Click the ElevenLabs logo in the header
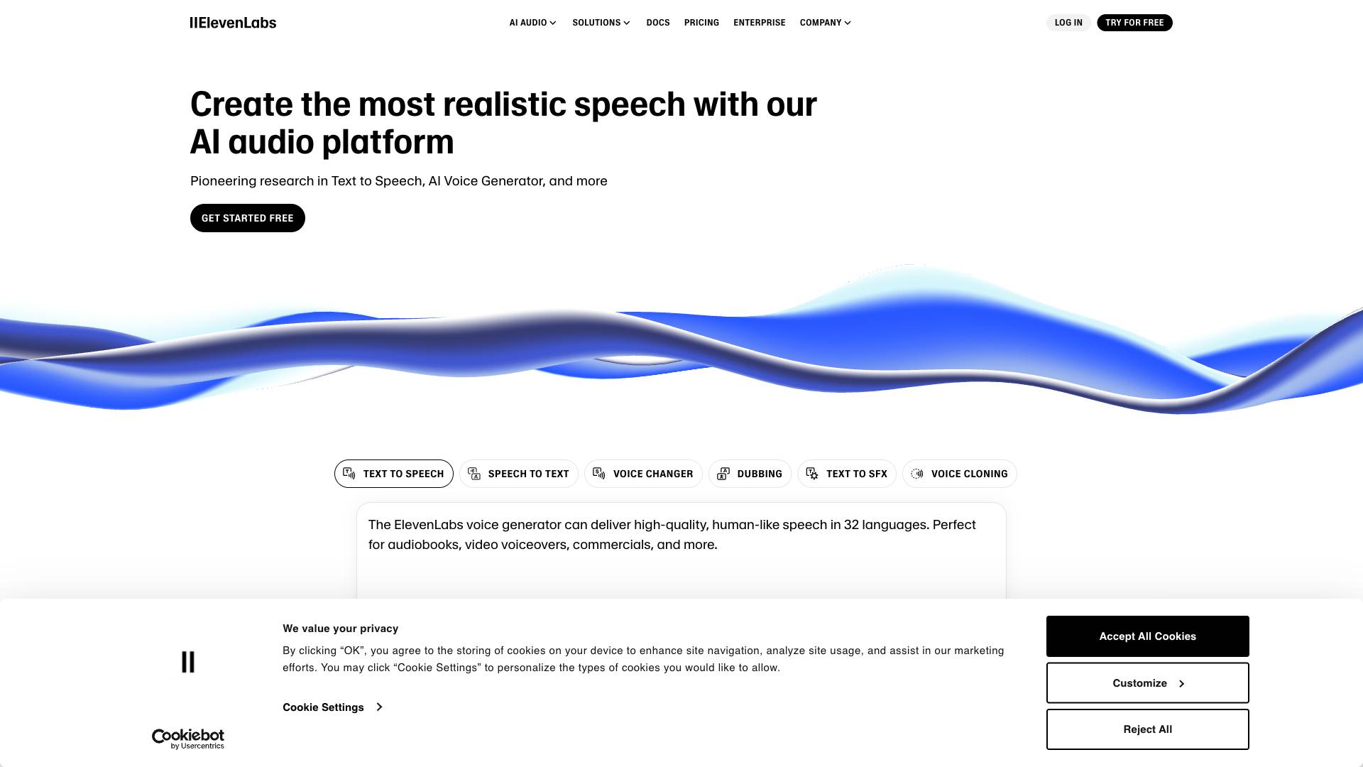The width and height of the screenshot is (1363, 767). pyautogui.click(x=233, y=23)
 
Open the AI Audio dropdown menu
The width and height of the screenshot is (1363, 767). pyautogui.click(x=532, y=23)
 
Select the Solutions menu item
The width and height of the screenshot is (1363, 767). pyautogui.click(x=601, y=23)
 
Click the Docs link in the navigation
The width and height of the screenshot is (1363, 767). pyautogui.click(x=658, y=23)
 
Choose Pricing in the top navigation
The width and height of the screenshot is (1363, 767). pyautogui.click(x=701, y=23)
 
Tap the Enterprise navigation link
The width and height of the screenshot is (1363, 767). pyautogui.click(x=760, y=23)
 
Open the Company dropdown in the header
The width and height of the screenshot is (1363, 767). pyautogui.click(x=826, y=23)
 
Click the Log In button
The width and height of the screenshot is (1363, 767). pyautogui.click(x=1068, y=23)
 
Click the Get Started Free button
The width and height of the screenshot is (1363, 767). pyautogui.click(x=248, y=218)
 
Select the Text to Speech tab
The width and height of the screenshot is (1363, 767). pyautogui.click(x=394, y=474)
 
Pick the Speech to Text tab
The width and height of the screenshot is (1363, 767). pyautogui.click(x=519, y=474)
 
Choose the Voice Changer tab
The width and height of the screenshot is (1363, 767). pyautogui.click(x=643, y=474)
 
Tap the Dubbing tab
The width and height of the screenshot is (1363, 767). pyautogui.click(x=750, y=474)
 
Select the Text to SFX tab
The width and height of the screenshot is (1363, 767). pyautogui.click(x=847, y=474)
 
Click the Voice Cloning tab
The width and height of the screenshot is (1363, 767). pyautogui.click(x=960, y=474)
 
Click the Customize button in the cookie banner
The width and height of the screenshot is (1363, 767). pyautogui.click(x=1148, y=683)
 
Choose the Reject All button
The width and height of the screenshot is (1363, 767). pyautogui.click(x=1148, y=729)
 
